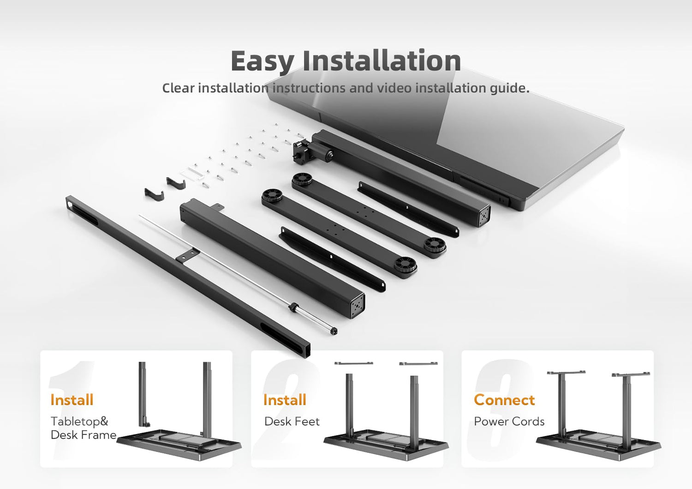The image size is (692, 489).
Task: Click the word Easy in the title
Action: point(262,61)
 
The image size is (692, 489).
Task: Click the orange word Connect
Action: point(504,399)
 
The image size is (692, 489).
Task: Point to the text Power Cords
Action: point(509,422)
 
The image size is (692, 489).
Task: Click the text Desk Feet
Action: point(292,422)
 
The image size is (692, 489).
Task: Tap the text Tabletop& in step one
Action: point(80,421)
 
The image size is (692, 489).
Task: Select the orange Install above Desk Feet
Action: point(285,399)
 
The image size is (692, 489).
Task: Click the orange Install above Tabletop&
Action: point(72,399)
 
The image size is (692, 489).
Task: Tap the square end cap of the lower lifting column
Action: point(358,306)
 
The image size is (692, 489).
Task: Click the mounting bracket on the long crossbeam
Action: point(187,255)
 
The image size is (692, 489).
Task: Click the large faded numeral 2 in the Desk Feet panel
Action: point(286,411)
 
